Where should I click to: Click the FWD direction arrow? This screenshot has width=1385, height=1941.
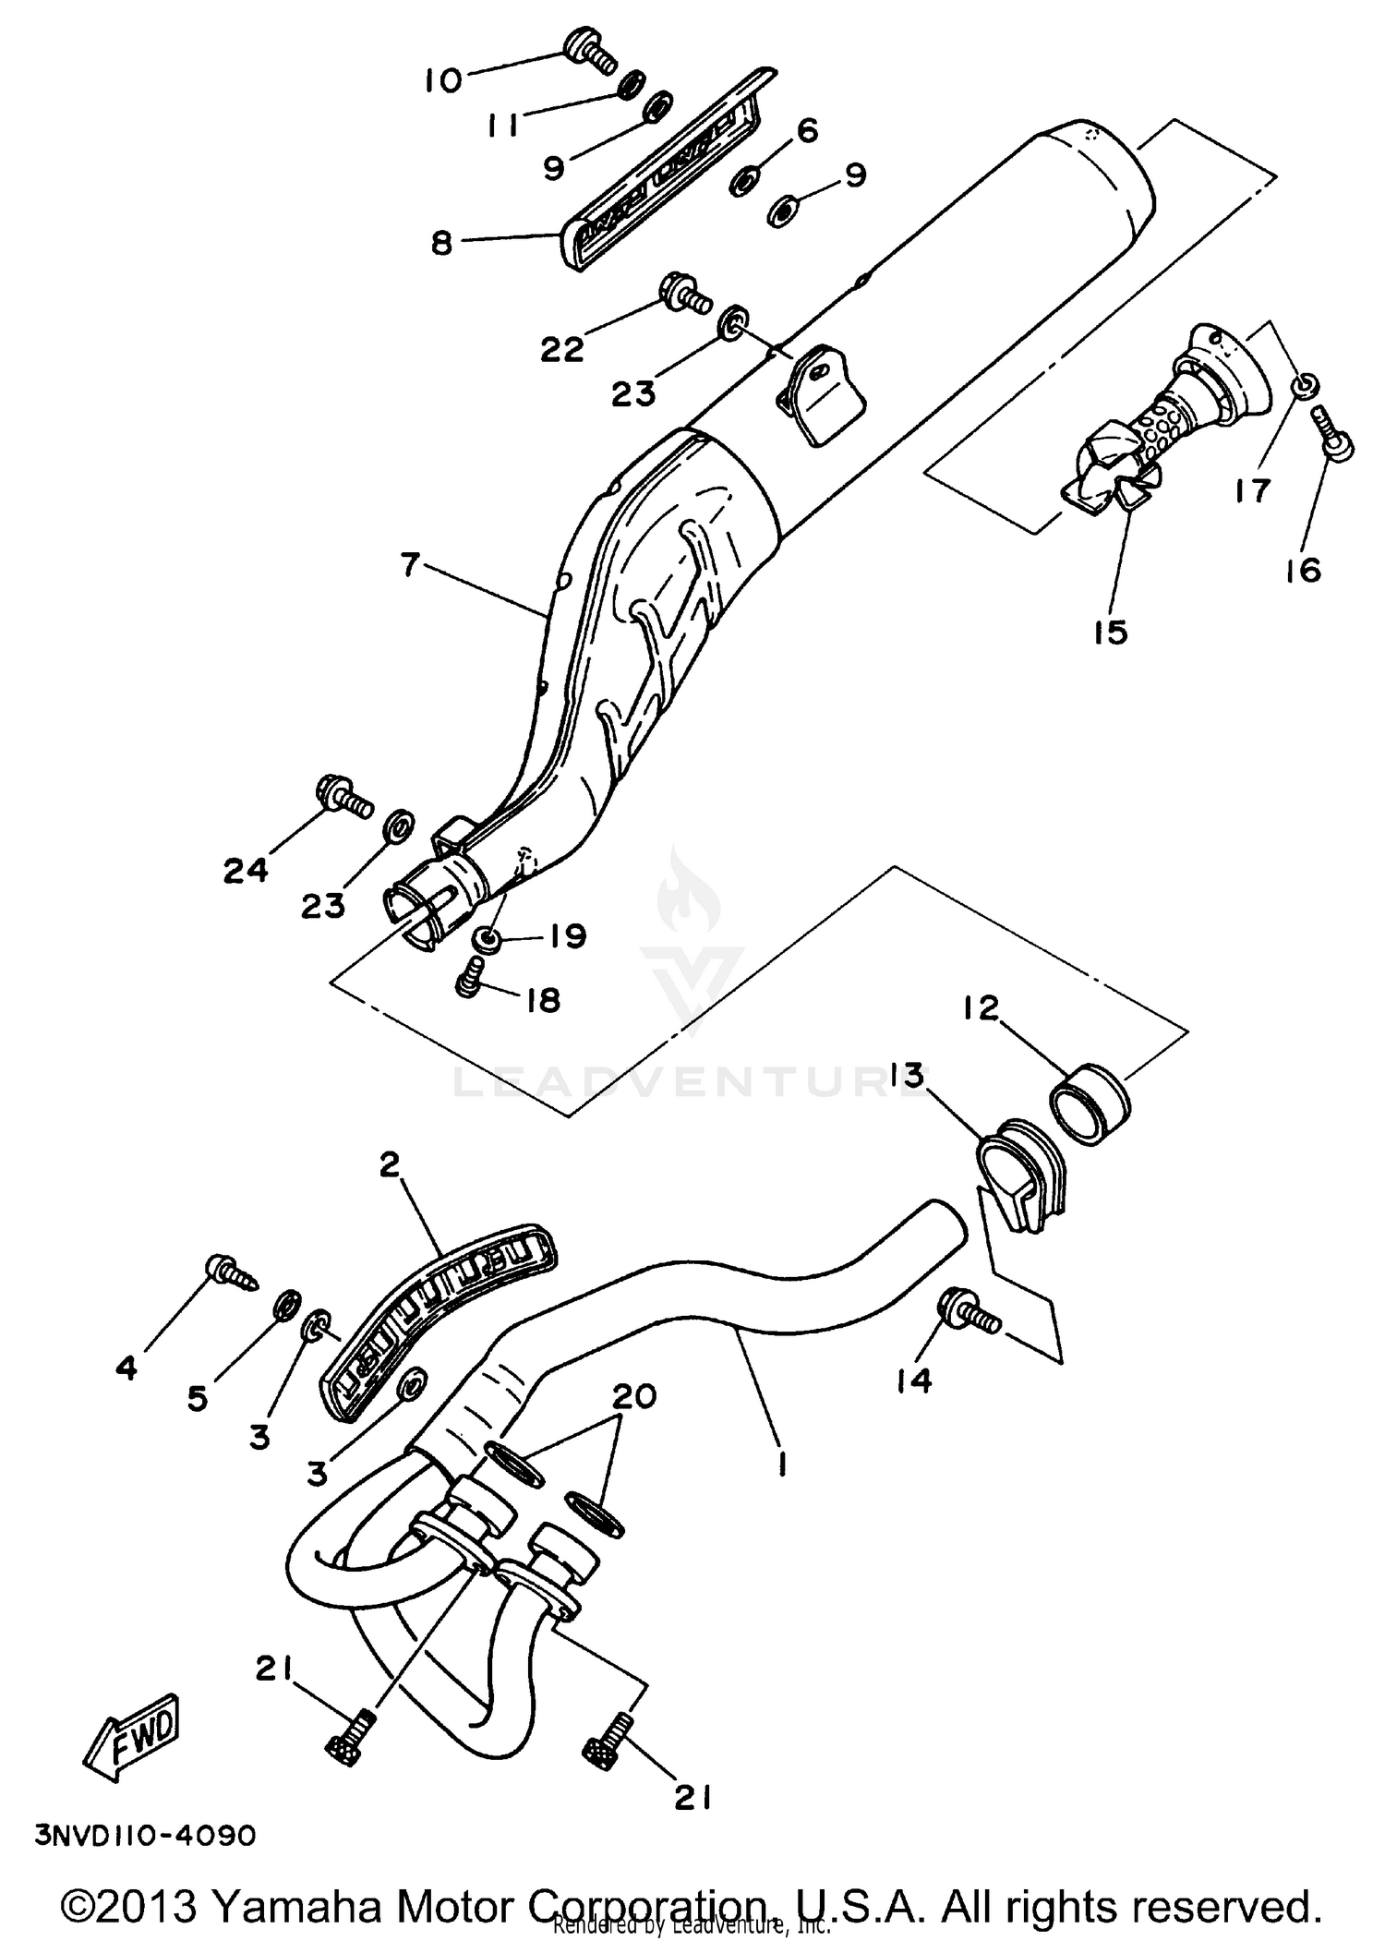click(x=133, y=1741)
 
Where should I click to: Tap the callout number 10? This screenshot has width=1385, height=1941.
click(x=443, y=81)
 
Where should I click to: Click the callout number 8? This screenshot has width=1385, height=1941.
click(x=442, y=244)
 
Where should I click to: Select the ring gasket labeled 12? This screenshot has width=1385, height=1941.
click(x=1092, y=1105)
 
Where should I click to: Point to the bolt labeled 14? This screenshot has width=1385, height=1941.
click(x=967, y=1314)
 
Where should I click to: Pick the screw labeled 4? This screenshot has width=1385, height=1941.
click(x=231, y=1272)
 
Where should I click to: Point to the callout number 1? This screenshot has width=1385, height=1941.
click(x=782, y=1464)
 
